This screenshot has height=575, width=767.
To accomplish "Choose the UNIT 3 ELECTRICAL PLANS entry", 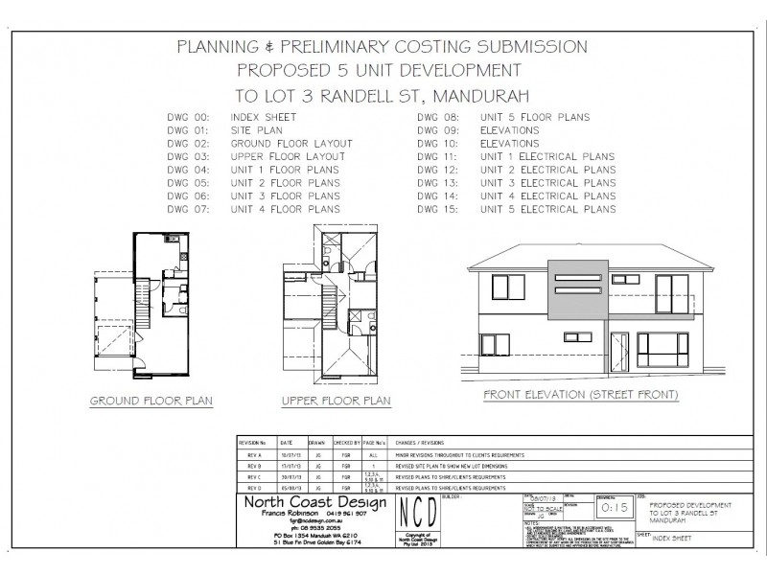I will click(548, 182).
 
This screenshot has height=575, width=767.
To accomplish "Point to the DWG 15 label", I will click(440, 209).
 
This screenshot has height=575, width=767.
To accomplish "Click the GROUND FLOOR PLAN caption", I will click(151, 401).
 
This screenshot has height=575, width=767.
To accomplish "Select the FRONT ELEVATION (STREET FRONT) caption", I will click(581, 394).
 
